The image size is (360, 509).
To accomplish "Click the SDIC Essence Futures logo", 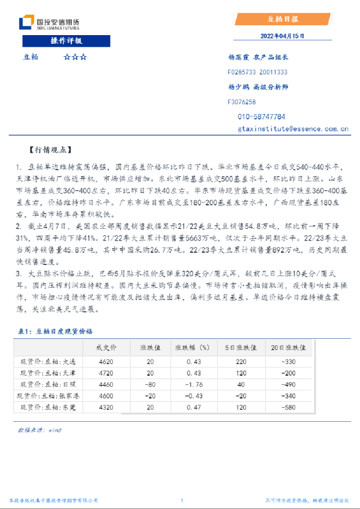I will coord(50,23).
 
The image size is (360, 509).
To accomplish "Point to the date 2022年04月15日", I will coord(283,36).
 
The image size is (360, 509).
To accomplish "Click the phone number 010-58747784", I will coord(262,116).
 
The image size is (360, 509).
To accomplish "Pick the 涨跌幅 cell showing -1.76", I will coord(193,384).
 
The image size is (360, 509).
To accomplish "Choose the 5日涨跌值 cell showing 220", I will coord(240,362).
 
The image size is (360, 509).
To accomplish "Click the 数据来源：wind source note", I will coord(39,430).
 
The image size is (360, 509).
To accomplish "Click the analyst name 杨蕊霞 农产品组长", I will coord(258,58).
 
